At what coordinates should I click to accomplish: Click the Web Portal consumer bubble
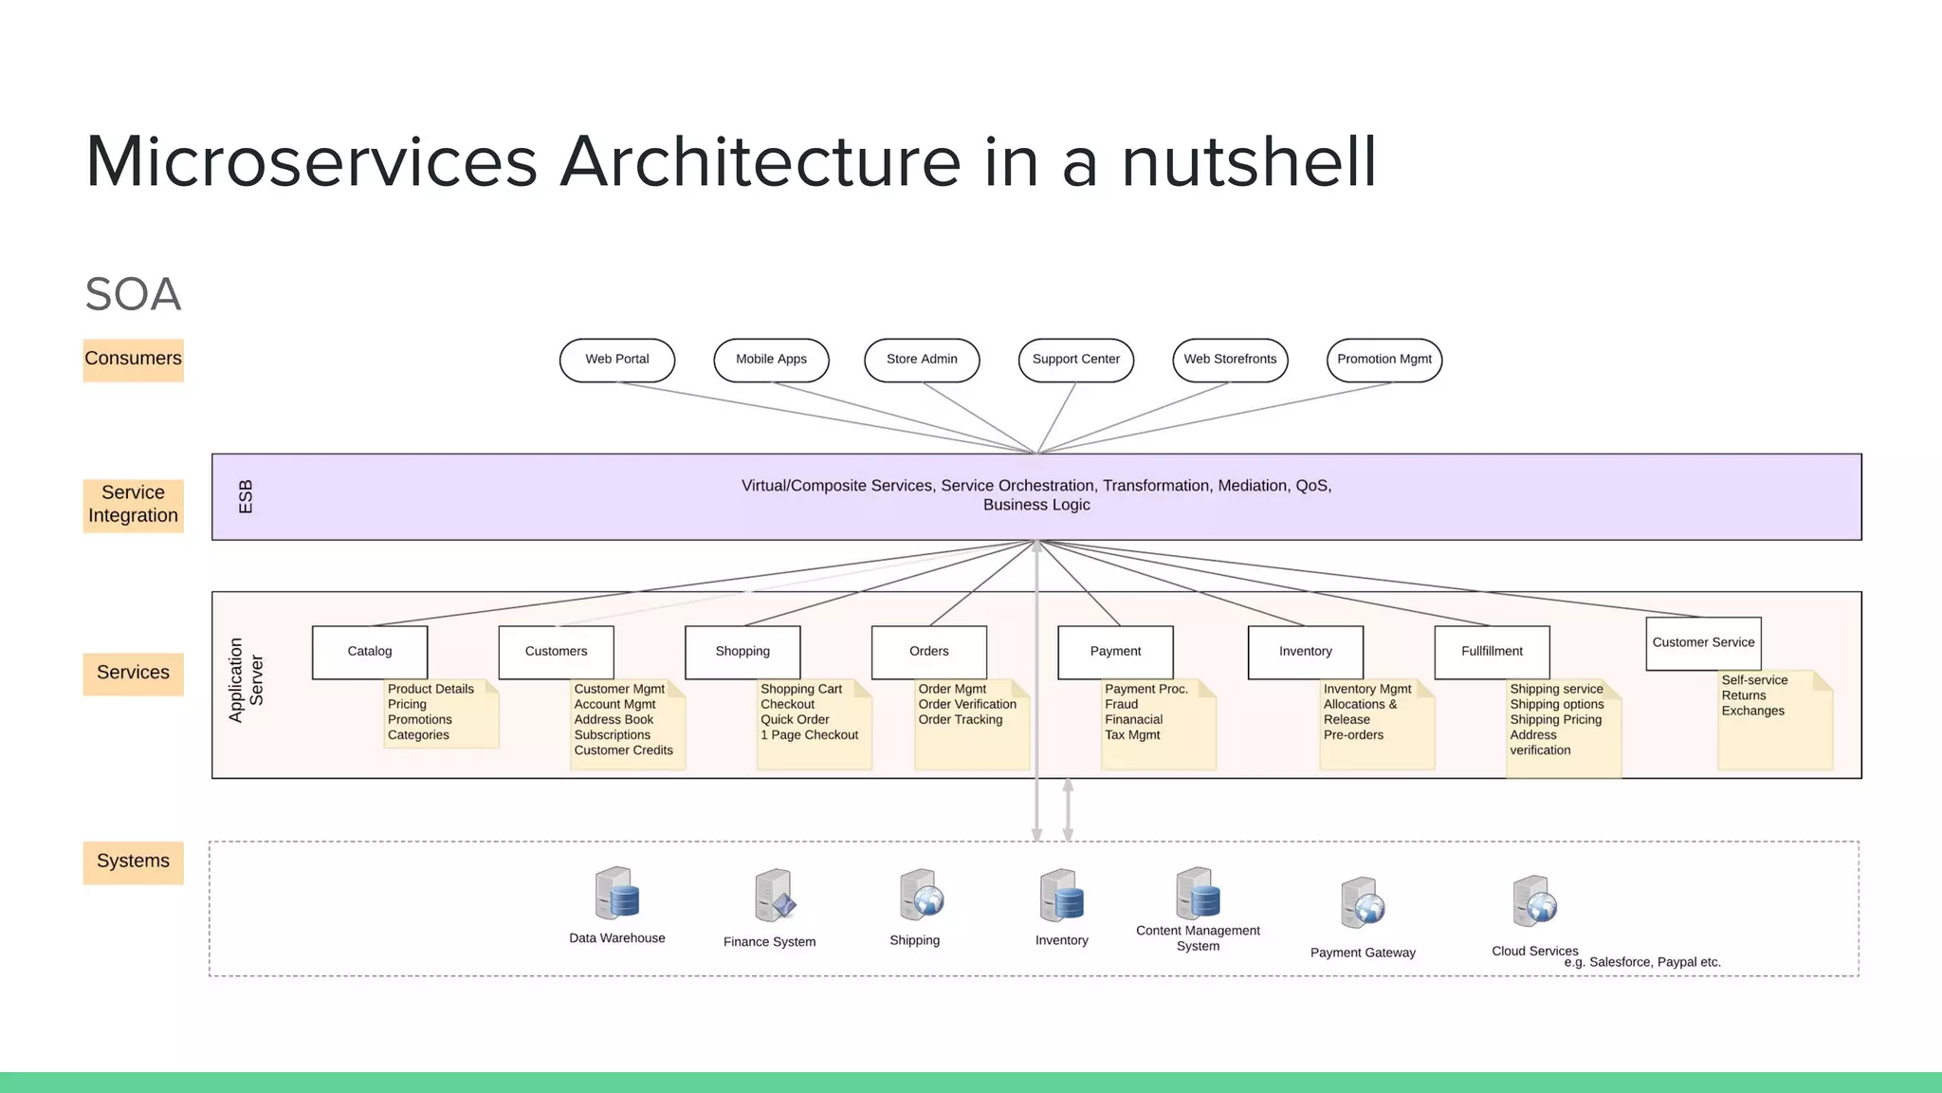click(616, 360)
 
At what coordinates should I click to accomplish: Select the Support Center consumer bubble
click(1075, 360)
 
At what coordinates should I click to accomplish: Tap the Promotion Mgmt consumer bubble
click(1383, 360)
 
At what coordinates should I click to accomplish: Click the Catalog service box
click(369, 652)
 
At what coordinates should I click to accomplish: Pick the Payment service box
click(1115, 652)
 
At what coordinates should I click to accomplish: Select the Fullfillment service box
click(1492, 652)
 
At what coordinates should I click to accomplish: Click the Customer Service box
click(1703, 643)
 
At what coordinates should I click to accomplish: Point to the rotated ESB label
click(246, 497)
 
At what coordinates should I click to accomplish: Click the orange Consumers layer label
click(133, 360)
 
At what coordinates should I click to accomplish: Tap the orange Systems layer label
click(133, 861)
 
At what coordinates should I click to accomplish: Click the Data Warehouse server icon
click(616, 894)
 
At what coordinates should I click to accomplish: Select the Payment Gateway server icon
click(1363, 903)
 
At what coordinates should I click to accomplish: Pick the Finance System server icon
click(774, 896)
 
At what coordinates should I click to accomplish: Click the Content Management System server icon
click(1198, 892)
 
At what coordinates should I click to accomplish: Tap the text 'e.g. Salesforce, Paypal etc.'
click(1641, 962)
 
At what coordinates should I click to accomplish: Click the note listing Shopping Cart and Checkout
click(814, 723)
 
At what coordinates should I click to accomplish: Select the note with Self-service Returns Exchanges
click(1774, 718)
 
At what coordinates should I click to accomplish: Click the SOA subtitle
click(133, 294)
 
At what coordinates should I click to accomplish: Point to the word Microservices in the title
click(311, 162)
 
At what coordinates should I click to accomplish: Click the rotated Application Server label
click(246, 680)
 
